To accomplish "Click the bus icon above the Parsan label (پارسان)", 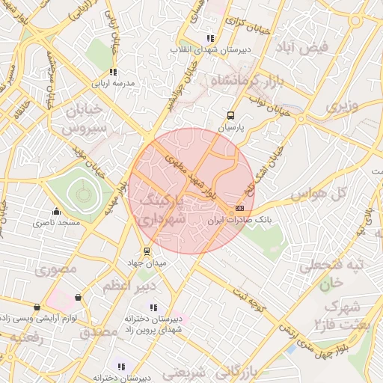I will pos(230,116).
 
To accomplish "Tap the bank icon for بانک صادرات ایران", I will pos(239,208).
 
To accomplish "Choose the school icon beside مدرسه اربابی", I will pos(113,73).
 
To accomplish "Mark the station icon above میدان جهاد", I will pos(147,251).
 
